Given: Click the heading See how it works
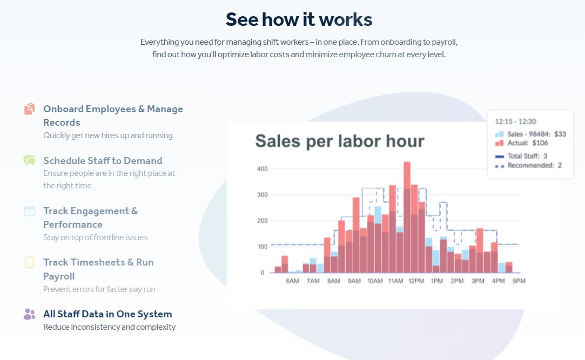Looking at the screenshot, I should click(x=299, y=19).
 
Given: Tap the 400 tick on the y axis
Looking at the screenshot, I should click(x=262, y=169).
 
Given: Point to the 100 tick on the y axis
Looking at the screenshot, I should click(x=262, y=247).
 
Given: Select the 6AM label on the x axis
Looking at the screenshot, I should click(x=292, y=281).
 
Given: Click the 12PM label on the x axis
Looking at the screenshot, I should click(x=415, y=281).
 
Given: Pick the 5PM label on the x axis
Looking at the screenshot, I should click(x=519, y=281).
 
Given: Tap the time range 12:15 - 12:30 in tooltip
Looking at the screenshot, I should click(x=515, y=121).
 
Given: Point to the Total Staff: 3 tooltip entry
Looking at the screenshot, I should click(x=527, y=156).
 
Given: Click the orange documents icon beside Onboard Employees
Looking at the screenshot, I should click(x=29, y=109).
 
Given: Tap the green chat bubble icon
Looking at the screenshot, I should click(x=29, y=160).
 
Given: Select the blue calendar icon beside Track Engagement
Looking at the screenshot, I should click(x=29, y=211).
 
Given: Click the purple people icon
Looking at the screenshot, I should click(x=29, y=314).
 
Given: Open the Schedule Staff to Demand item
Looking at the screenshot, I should click(x=103, y=160).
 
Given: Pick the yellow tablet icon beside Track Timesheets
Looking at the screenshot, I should click(x=29, y=262).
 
